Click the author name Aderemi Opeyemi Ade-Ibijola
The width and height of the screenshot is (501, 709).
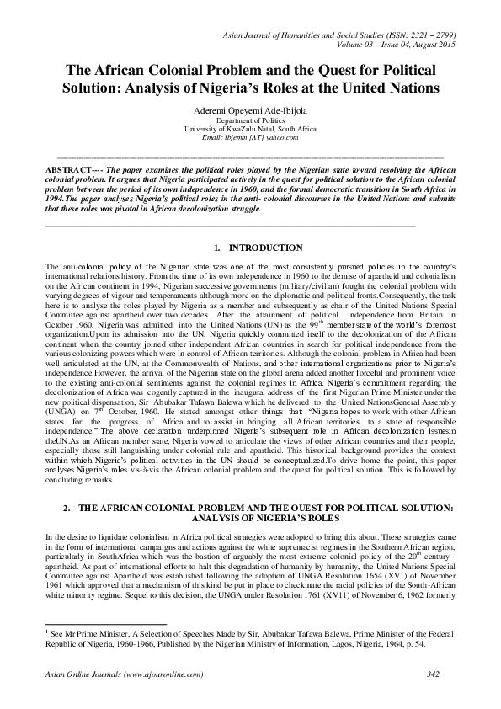coord(250,110)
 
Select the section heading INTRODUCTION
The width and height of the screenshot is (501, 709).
coord(266,248)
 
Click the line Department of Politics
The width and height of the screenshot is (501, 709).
coord(250,121)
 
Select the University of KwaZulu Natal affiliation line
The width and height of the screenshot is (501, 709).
coord(250,130)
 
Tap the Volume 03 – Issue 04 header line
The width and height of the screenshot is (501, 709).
coord(378,44)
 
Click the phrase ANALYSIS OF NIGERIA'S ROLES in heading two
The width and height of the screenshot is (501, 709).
coord(250,520)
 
